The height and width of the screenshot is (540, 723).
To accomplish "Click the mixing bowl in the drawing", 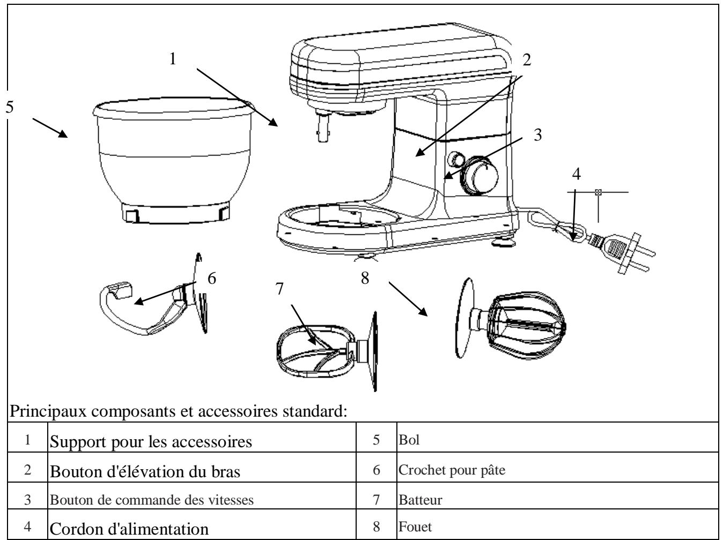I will point(172,161).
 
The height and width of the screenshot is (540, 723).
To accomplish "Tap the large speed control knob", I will point(479,174).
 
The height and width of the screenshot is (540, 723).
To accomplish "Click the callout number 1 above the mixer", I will point(173,59).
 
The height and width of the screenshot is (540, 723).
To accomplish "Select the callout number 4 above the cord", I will point(576,174).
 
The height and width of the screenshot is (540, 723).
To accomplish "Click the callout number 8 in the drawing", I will point(365,279).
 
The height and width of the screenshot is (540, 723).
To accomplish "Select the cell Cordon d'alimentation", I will point(129,529).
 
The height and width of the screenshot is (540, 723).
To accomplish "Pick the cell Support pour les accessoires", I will point(151,442).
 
